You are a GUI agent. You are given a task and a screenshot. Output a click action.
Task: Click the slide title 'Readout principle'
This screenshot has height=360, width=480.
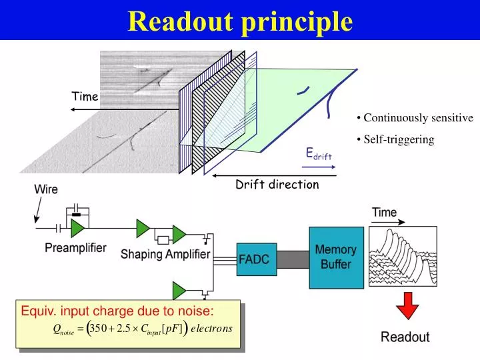240,21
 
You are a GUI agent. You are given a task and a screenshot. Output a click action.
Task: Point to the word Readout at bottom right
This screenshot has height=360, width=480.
405,337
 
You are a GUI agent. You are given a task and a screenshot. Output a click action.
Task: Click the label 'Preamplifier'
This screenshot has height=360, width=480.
75,248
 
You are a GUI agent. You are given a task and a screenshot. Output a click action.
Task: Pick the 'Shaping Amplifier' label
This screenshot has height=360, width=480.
165,254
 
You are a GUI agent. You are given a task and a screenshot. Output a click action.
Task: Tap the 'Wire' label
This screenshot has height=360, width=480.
46,189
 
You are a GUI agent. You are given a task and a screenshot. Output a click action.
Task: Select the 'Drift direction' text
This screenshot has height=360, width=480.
277,185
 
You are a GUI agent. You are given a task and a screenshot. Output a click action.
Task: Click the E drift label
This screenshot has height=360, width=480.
318,155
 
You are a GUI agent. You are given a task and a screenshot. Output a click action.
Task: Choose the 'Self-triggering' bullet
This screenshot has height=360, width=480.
399,139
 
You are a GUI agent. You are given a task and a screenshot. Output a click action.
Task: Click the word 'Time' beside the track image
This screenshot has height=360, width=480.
85,97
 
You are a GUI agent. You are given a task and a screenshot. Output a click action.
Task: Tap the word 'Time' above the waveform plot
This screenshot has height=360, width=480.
384,213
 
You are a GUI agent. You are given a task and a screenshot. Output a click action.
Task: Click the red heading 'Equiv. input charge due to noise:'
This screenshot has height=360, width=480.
117,311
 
